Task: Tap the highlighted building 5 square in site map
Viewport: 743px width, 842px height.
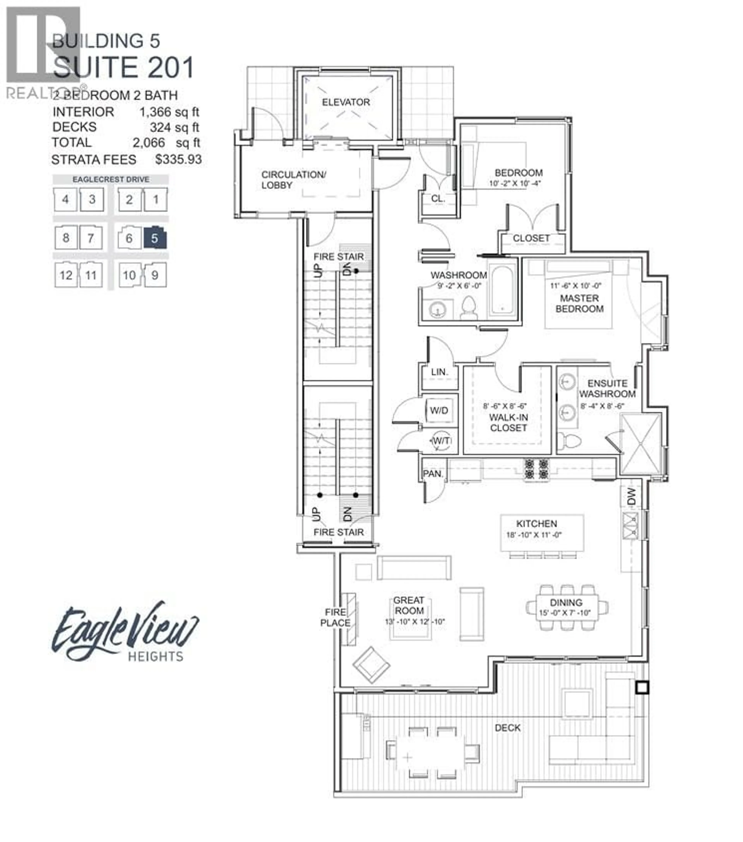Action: [x=155, y=238]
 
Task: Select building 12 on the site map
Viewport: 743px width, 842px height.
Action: [x=66, y=275]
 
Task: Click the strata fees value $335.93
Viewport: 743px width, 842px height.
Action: [x=178, y=159]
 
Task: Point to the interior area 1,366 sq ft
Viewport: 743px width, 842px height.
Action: [x=169, y=112]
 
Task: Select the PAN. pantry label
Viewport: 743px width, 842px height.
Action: [x=432, y=474]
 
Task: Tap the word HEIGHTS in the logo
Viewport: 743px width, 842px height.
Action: [x=155, y=656]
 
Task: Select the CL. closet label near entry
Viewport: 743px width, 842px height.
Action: [x=438, y=199]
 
